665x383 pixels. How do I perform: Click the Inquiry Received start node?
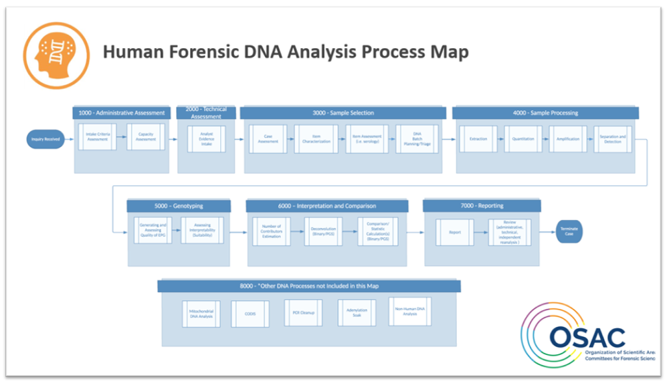pos(45,139)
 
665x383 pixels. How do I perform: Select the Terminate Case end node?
pos(569,232)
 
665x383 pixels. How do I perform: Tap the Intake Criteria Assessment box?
pos(97,137)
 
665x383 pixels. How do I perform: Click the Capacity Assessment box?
pos(145,137)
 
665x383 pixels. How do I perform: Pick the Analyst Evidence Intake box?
pos(206,138)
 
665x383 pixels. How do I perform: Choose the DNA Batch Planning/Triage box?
pos(417,138)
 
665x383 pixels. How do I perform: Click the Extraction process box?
pos(478,138)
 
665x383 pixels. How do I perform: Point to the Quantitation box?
pos(522,138)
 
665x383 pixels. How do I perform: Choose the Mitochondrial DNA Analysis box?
pos(201,313)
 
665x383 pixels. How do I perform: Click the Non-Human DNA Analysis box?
pos(410,311)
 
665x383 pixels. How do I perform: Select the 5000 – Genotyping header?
pos(179,206)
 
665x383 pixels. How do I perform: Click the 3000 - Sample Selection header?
pos(343,113)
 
